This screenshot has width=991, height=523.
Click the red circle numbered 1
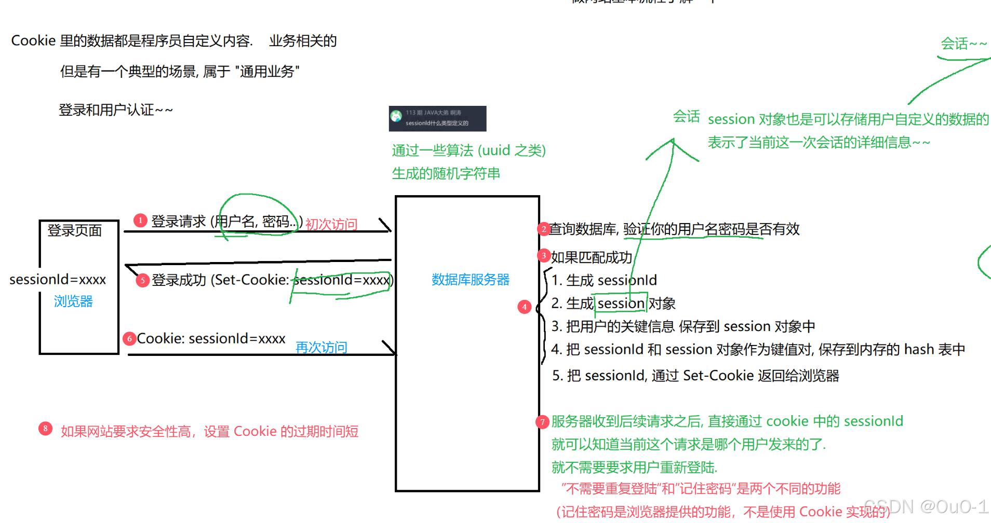pos(140,221)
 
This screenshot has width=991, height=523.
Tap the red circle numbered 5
pos(143,280)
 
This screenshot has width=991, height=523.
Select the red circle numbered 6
pos(129,339)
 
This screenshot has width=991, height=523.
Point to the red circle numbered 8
pos(45,429)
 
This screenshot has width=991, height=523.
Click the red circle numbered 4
pos(525,307)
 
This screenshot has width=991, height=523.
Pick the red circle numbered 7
pos(542,422)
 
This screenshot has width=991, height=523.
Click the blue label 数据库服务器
pos(470,280)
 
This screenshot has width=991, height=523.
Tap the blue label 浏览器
pos(73,301)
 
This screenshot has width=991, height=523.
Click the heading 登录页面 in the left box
pos(75,230)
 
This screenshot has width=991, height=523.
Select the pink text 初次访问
pos(331,224)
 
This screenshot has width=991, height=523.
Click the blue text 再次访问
pos(321,347)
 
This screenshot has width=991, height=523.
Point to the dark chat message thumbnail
pos(437,118)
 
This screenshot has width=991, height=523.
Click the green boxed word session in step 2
pos(621,303)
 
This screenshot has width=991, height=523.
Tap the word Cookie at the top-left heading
pos(33,40)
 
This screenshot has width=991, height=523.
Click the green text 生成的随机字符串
pos(446,173)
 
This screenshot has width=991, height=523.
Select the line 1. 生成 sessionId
pos(604,280)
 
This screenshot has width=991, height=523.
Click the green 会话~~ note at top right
pos(963,44)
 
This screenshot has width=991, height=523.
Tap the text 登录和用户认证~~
pos(115,110)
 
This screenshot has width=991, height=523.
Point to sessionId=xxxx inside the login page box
pos(58,280)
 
